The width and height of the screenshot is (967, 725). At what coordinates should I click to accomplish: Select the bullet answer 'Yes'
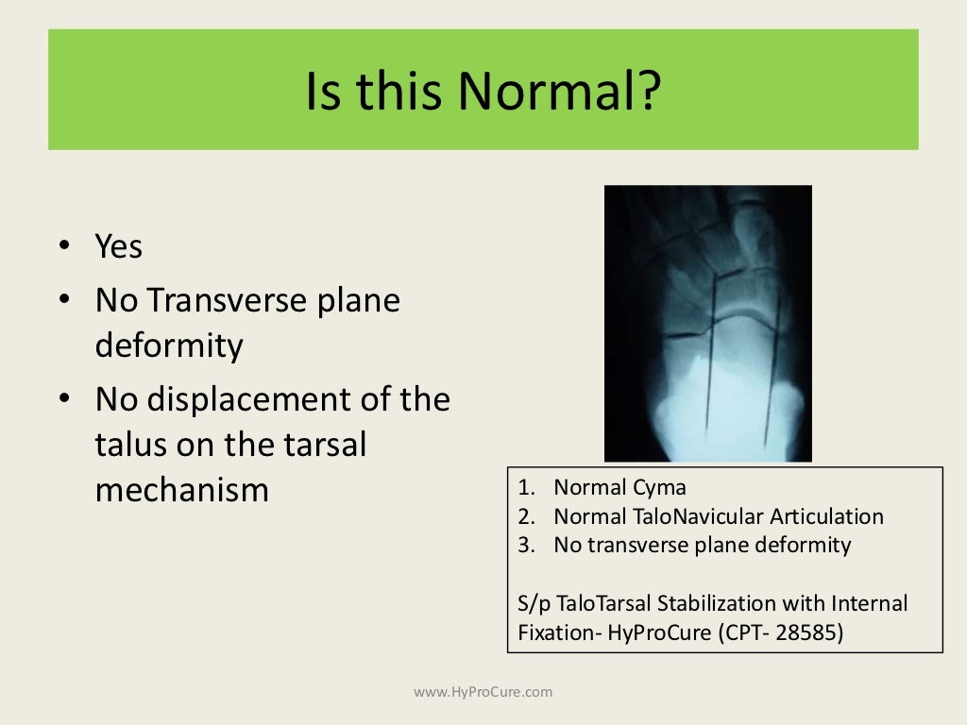(x=118, y=247)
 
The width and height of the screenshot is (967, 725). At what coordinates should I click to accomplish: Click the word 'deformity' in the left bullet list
(x=169, y=346)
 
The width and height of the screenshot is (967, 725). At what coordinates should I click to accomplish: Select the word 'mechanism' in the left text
(x=181, y=490)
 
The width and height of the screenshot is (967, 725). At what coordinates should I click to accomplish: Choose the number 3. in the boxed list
(x=527, y=545)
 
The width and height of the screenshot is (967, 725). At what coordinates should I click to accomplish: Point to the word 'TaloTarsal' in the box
(x=601, y=602)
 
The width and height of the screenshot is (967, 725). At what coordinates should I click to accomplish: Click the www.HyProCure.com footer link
(x=483, y=692)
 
